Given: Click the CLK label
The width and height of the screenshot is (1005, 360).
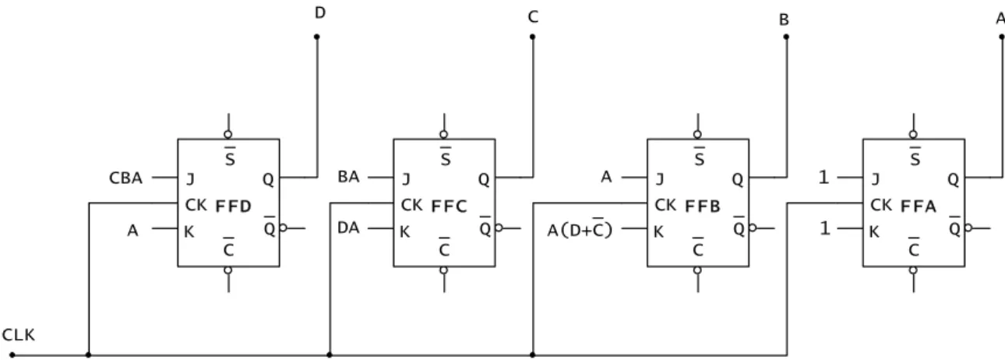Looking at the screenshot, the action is coord(19,335).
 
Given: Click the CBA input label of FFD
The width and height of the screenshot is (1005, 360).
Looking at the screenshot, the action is coord(125,178).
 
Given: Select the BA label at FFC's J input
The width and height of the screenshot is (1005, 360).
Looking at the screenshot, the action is coord(348,177).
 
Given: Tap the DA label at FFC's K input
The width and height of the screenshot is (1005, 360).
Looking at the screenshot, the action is coord(348,228).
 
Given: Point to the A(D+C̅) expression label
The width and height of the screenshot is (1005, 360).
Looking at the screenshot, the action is coord(580,229).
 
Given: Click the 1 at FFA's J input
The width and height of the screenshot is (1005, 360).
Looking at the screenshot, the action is coord(823,178).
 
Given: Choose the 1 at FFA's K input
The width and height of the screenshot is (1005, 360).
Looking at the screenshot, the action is coord(824,228).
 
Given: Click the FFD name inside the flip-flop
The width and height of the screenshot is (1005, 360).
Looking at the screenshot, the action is coord(233,206).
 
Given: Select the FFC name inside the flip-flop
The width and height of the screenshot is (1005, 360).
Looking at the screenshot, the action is coord(449,206).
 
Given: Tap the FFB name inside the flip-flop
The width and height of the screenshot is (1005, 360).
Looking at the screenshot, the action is coord(703,206).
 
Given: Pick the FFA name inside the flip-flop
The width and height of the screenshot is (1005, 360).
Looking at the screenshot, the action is coord(919,206).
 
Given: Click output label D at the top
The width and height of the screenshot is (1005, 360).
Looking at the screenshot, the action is coord(320,13).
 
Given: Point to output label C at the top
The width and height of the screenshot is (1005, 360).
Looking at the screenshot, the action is coord(533,17).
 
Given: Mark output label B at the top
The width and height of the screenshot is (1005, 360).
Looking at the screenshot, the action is coord(784,19).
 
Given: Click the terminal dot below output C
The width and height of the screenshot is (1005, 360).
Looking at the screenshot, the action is coord(533,37).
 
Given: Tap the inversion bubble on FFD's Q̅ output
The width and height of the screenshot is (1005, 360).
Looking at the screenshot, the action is coord(283,228).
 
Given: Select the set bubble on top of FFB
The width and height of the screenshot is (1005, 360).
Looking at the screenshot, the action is coord(697,135).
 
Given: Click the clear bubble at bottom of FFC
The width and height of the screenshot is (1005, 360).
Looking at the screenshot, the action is coord(444,270).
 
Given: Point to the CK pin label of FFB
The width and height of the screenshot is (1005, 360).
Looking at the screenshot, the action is coord(665,205).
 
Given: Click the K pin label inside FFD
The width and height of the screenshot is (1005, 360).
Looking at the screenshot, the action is coord(189,232).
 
